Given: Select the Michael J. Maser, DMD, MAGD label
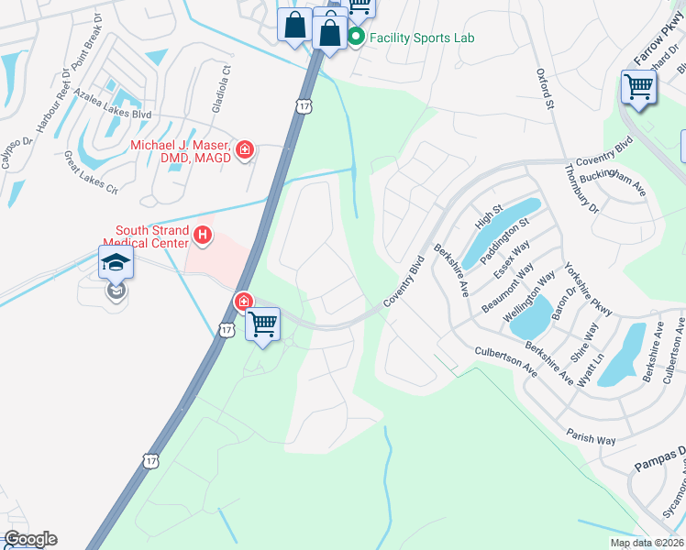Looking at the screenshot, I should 180,152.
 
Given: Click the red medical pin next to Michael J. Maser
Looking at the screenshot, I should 245,149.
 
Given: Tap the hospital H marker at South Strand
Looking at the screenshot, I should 203,237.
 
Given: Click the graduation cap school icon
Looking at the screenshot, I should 116,263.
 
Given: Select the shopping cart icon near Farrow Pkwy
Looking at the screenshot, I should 638,88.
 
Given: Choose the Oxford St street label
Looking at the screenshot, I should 546,89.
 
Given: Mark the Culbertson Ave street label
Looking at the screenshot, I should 505,360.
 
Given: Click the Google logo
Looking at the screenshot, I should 29,539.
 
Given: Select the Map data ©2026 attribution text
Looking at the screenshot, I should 647,542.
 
